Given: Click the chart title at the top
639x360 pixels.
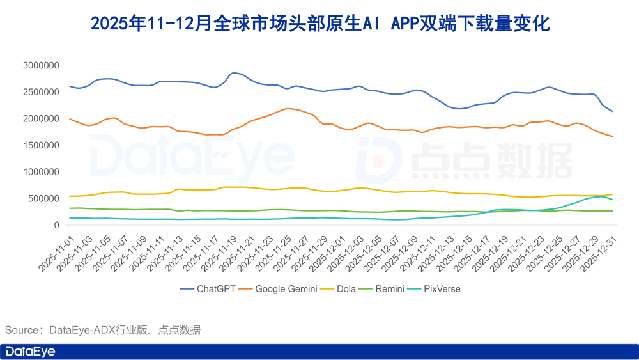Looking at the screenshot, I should tap(319, 24).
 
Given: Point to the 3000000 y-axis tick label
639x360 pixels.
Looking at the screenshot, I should tap(41, 65).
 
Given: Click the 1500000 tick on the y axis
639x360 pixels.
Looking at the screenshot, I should tap(41, 145).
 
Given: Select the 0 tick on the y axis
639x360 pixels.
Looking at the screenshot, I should tap(56, 225).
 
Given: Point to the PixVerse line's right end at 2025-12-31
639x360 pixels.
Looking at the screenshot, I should tap(612, 200).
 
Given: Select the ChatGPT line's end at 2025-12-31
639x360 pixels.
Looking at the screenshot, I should tap(612, 111).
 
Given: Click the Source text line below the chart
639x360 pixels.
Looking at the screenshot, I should tap(103, 330).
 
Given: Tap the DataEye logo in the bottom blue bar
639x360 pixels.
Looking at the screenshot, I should tap(31, 352).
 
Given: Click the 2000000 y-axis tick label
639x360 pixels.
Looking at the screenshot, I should tap(41, 118).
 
